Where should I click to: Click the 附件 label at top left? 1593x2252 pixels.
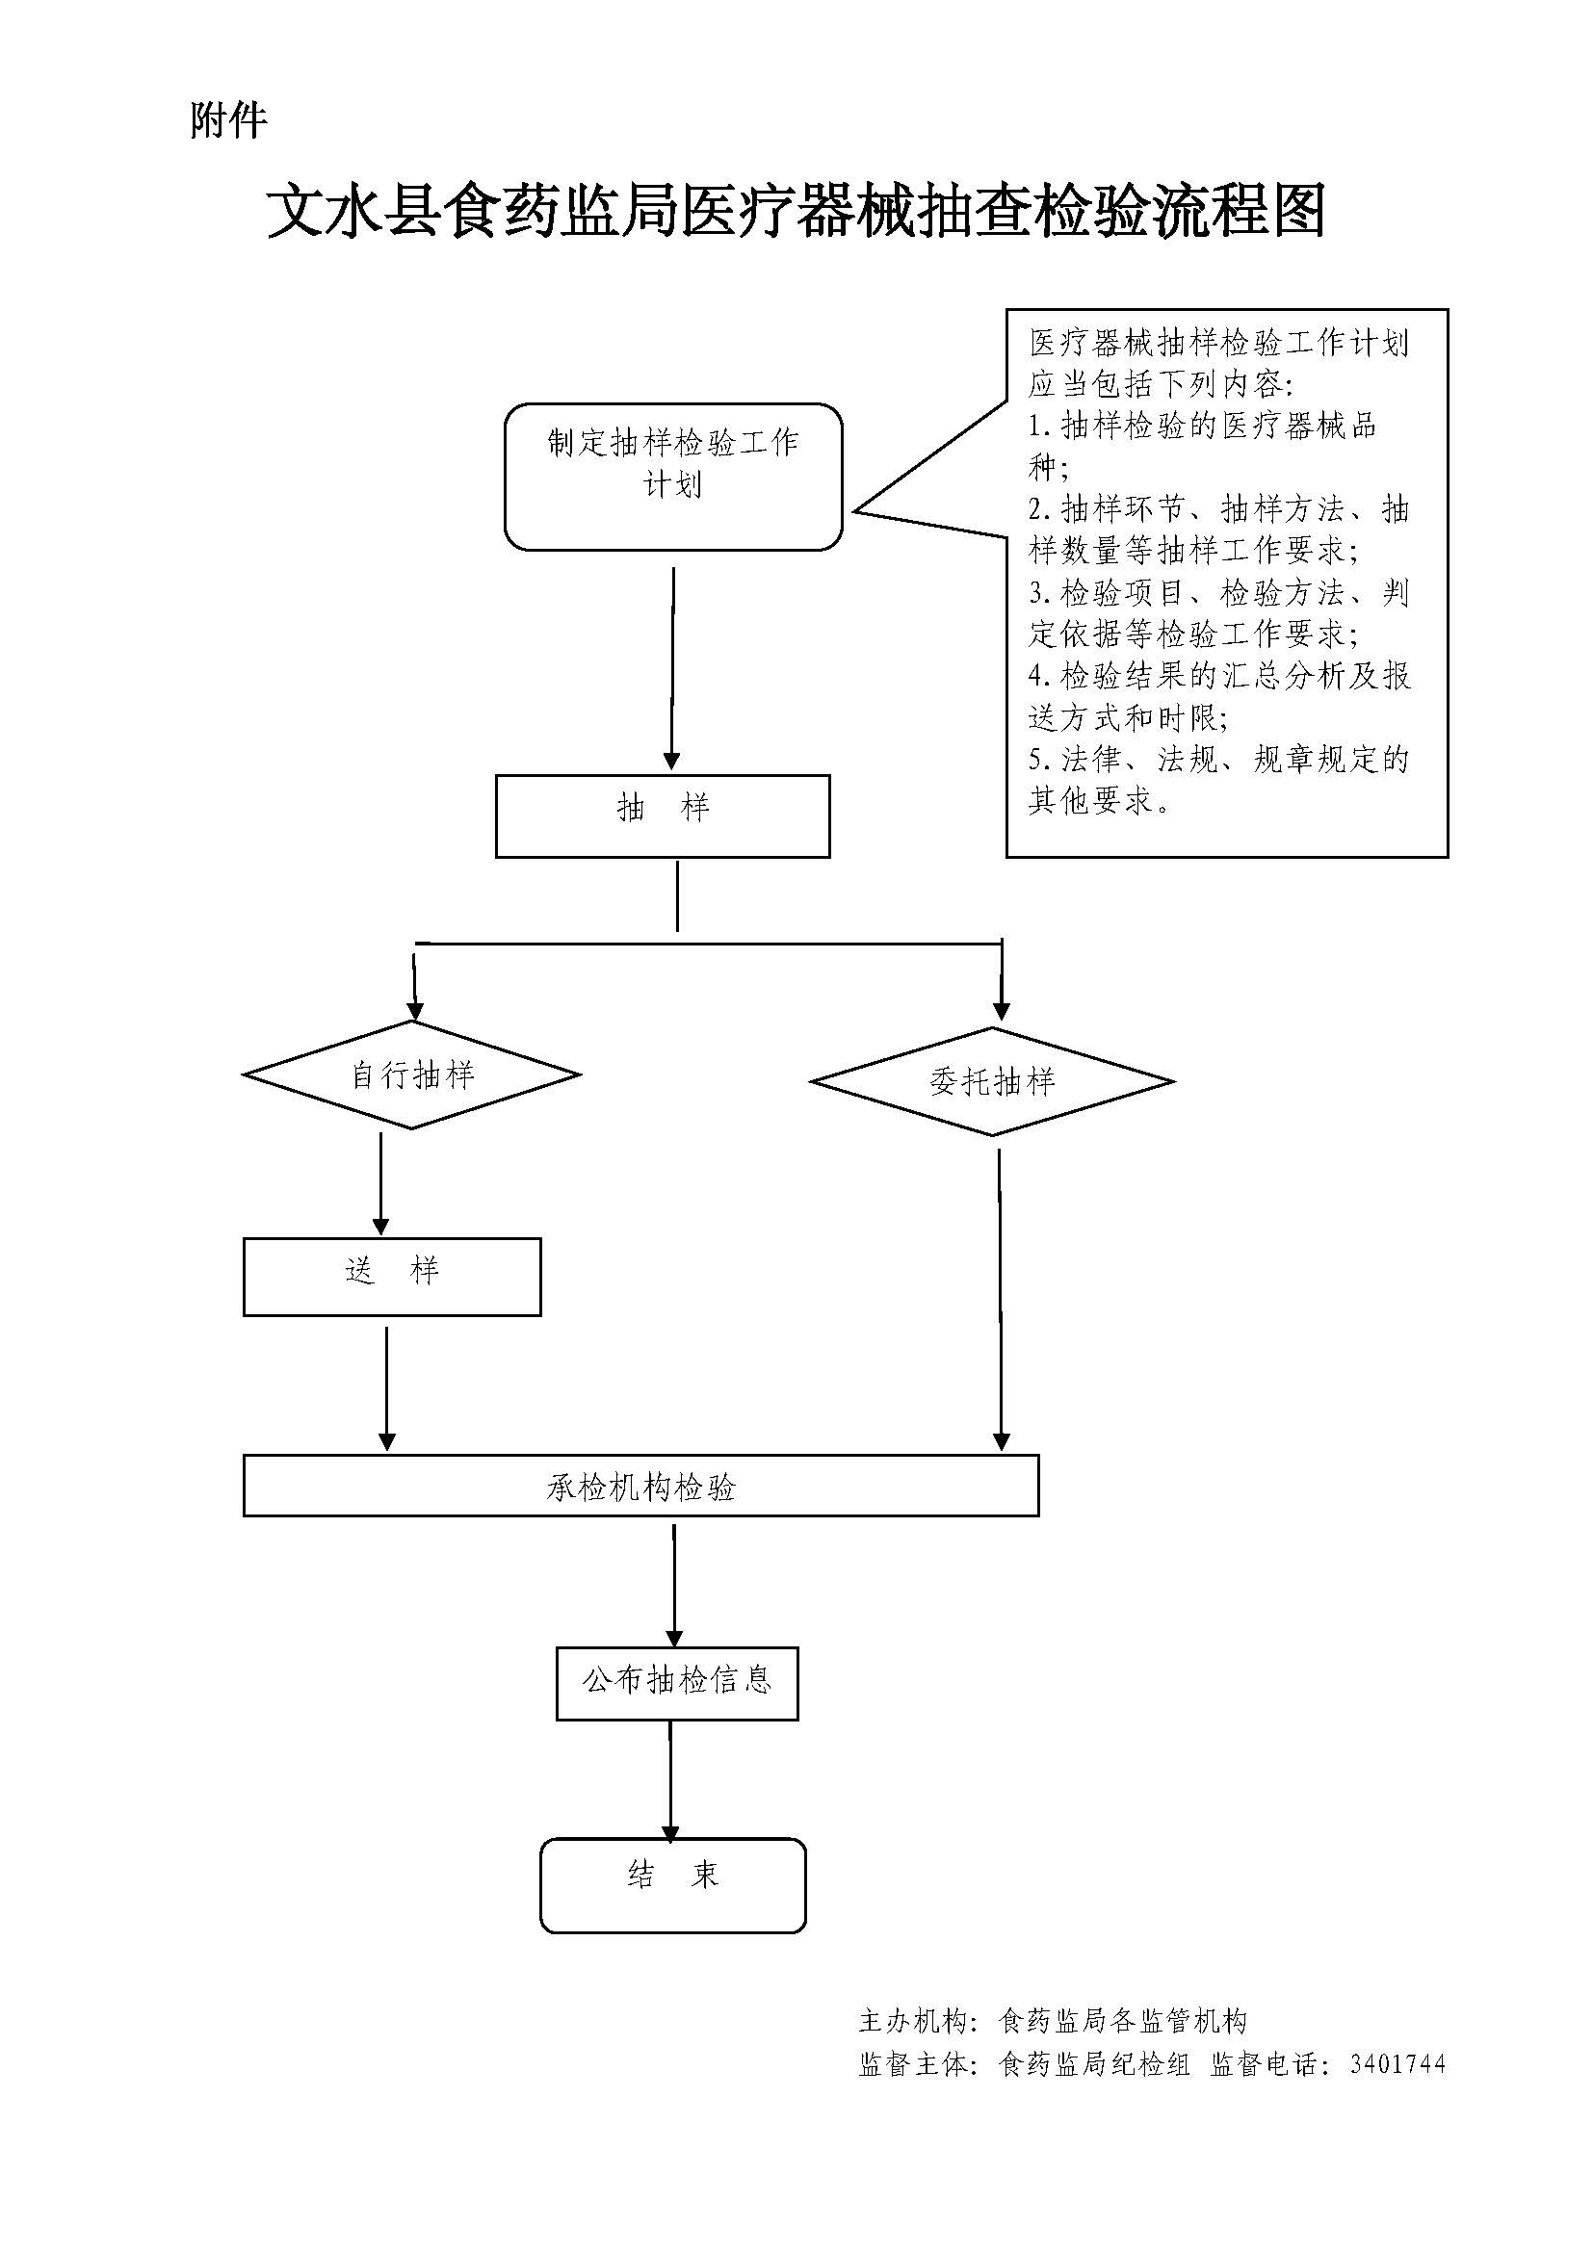tap(227, 120)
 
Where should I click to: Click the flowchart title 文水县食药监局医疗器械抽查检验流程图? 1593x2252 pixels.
tap(796, 211)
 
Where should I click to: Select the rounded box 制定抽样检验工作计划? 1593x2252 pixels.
tap(673, 477)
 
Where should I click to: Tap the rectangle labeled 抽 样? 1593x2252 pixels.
tap(662, 816)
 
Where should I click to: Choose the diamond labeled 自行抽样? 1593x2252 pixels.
tap(412, 1075)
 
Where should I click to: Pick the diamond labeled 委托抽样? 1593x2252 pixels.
tap(992, 1082)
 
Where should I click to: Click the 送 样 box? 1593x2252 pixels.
tap(391, 1276)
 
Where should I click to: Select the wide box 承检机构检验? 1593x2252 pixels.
tap(640, 1486)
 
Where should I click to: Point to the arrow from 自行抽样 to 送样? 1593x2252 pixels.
tap(380, 1182)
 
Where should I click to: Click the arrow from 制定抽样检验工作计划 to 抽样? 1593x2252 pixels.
tap(673, 667)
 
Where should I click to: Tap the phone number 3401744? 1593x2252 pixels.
tap(1397, 2064)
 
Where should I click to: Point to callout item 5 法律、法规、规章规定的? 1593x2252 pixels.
tap(1218, 759)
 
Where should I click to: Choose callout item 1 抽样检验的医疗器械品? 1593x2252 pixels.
tap(1203, 426)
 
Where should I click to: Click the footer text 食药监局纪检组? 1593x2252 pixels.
tap(1094, 2064)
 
